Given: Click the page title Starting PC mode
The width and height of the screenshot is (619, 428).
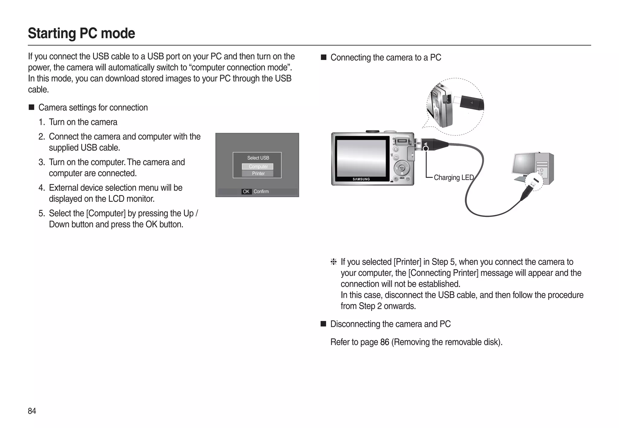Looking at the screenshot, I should coord(81,33).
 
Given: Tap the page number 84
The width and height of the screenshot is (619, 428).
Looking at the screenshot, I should coord(32,411).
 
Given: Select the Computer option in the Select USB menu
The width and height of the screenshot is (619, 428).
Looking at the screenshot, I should coord(258,167).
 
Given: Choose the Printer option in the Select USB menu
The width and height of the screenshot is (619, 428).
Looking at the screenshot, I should coord(258,174).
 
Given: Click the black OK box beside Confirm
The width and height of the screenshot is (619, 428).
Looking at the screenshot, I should coord(246,191).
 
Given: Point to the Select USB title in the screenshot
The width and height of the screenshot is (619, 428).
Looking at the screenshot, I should coord(258,158).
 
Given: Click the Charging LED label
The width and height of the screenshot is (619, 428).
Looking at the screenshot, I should coord(453,178).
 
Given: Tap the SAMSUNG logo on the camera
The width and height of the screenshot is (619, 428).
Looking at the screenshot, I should coord(361,179).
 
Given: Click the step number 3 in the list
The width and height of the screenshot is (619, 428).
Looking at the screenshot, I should coord(42,162).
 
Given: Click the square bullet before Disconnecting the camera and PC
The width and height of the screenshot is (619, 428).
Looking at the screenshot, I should coord(323,324).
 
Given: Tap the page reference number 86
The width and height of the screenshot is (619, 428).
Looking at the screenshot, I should coord(384,342).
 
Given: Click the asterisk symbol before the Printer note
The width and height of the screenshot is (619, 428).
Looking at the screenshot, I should coord(333,262).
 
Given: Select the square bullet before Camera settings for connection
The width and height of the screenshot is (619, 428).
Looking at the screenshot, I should coord(31,107).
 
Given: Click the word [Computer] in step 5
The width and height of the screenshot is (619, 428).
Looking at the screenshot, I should coord(106,214).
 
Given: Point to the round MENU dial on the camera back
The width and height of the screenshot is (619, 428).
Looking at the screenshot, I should coord(402,168).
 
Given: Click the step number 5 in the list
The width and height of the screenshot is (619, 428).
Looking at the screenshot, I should coord(42,214).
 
